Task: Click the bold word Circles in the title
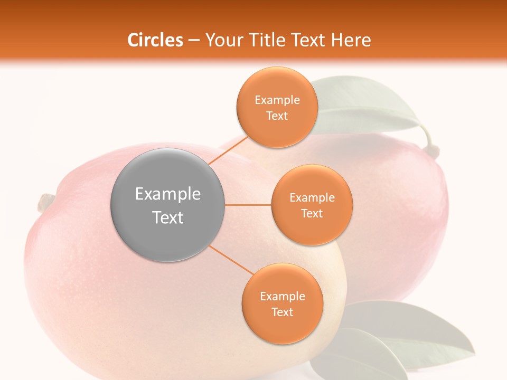pyautogui.click(x=155, y=40)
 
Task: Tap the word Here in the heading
pyautogui.click(x=351, y=40)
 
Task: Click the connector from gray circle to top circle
pyautogui.click(x=228, y=150)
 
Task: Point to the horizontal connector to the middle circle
pyautogui.click(x=248, y=205)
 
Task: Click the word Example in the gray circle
pyautogui.click(x=168, y=194)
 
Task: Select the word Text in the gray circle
pyautogui.click(x=168, y=217)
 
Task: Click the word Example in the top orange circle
pyautogui.click(x=277, y=100)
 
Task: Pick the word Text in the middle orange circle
pyautogui.click(x=312, y=213)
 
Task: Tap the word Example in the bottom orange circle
pyautogui.click(x=282, y=296)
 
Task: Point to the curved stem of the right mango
pyautogui.click(x=430, y=142)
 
